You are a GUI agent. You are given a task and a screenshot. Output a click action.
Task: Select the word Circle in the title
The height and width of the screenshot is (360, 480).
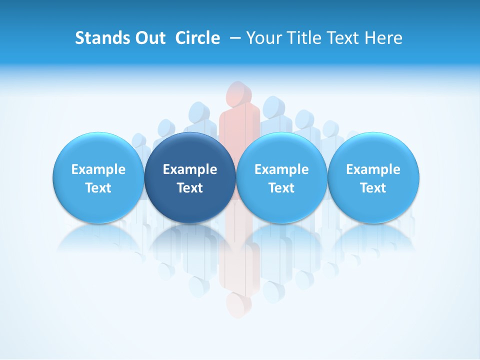point(197,38)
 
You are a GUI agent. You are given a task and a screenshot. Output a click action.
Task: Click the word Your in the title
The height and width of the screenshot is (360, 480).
point(262,38)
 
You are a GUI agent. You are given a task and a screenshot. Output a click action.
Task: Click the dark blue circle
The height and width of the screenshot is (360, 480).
point(190,177)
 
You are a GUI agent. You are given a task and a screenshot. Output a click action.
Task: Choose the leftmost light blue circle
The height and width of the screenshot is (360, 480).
point(98,177)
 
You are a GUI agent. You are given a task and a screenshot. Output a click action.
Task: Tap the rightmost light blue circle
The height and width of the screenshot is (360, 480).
point(373,177)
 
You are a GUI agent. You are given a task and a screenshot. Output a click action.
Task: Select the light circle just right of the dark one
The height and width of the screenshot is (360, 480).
point(281,177)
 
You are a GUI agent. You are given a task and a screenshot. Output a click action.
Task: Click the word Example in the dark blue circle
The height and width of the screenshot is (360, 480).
point(190,169)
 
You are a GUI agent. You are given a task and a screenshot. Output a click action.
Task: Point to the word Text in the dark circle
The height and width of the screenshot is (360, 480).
point(190,188)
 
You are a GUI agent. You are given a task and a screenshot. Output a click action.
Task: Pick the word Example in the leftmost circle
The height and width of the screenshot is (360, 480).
point(98,169)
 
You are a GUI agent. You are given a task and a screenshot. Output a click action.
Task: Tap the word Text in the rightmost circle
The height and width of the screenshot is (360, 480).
point(373,188)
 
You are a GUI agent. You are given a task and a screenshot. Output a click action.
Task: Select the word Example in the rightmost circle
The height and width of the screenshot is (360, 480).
point(373,169)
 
